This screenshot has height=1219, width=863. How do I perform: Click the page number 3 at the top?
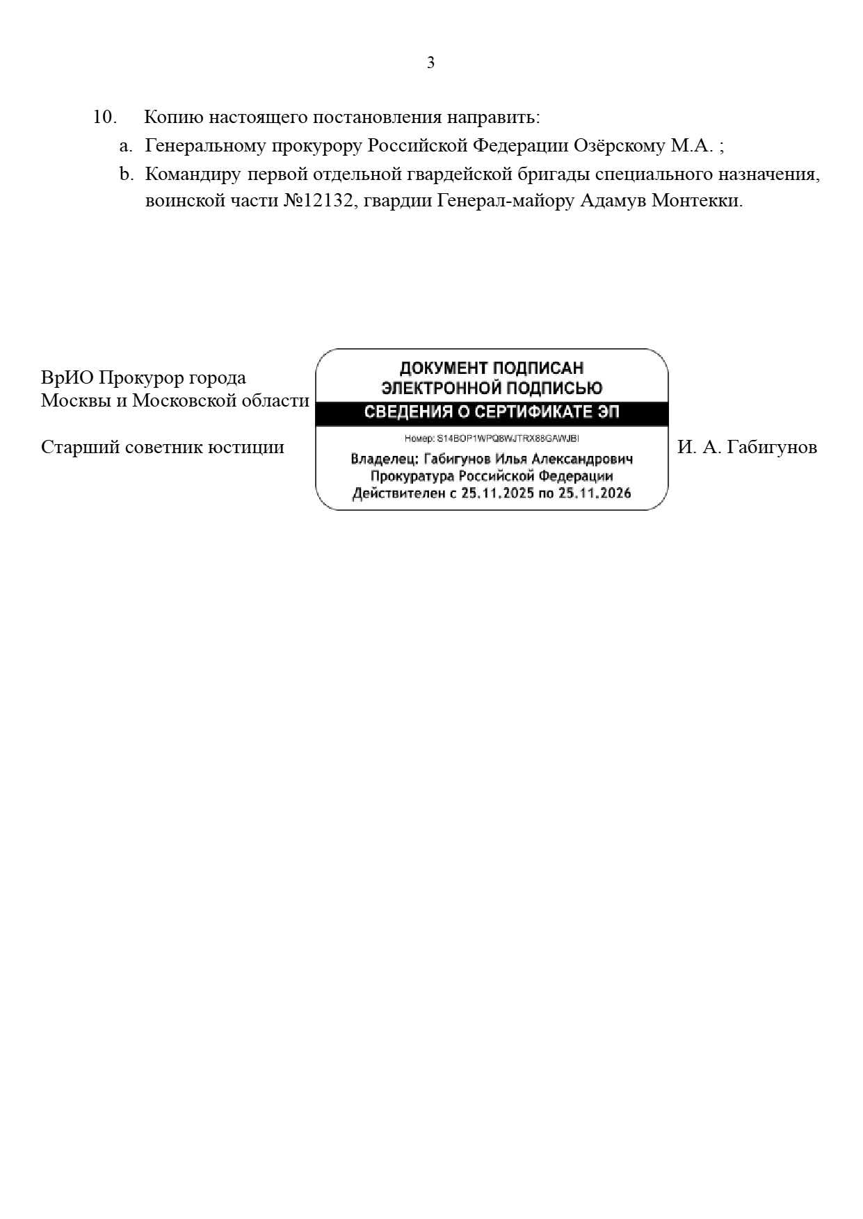click(430, 63)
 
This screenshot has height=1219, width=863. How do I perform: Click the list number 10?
click(104, 117)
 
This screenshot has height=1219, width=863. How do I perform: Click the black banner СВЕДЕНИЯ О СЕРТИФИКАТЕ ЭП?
click(492, 413)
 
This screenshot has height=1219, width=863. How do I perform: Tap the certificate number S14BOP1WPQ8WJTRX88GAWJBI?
click(508, 439)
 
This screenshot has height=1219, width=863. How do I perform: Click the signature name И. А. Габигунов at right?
click(747, 447)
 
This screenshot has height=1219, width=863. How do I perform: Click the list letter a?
click(125, 146)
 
